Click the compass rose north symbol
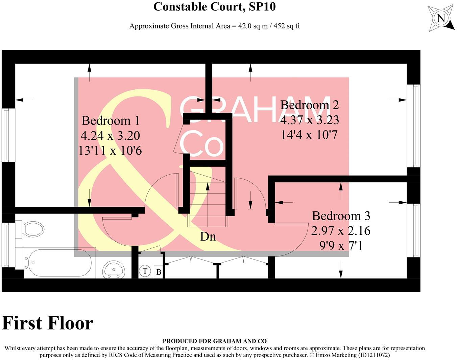coord(441,18)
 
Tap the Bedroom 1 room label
coord(110,121)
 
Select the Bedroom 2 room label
coord(309,105)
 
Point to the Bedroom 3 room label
coord(341,216)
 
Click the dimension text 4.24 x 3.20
coord(110,136)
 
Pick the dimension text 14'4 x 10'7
coord(309,135)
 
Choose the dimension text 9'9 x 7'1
coord(341,246)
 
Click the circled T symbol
coord(145,271)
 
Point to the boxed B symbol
coord(159,272)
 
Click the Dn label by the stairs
coord(208,237)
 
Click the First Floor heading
coord(48,323)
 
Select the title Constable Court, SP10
coord(214,7)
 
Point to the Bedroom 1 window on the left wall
coord(6,135)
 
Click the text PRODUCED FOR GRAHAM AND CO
coord(214,341)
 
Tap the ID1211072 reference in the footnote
coord(371,355)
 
